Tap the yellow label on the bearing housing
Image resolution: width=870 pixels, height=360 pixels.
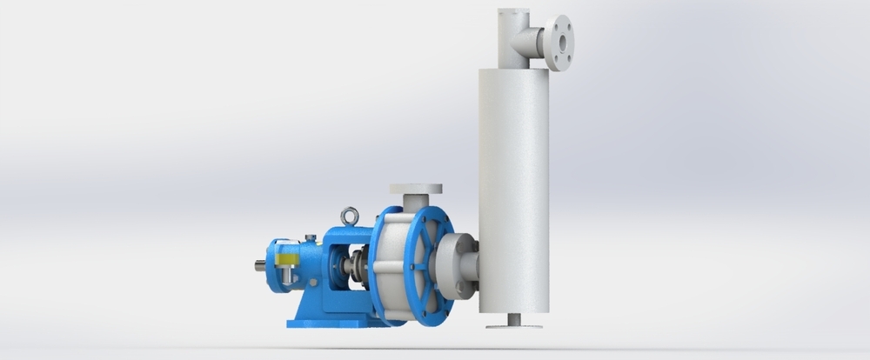284,258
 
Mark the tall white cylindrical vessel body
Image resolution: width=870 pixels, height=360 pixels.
518,191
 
